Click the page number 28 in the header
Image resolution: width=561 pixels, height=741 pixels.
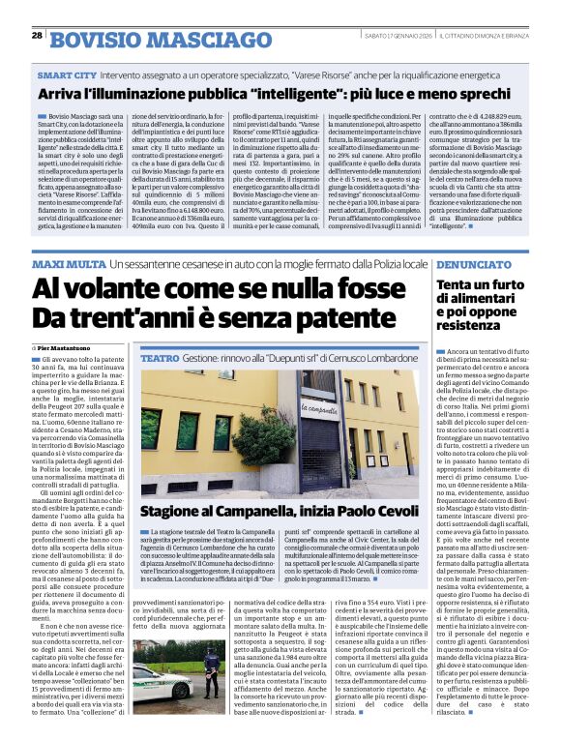tap(37, 35)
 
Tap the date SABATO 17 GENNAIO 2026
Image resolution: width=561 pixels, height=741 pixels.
tap(386, 36)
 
